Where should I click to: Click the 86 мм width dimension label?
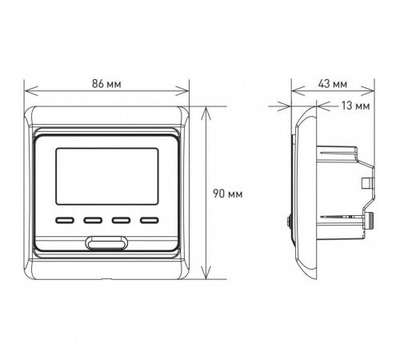pos(106,84)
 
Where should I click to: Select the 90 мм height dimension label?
pos(228,194)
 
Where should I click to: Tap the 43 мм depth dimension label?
pos(333,84)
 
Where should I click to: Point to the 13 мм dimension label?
pos(356,106)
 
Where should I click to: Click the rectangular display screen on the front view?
pos(107,176)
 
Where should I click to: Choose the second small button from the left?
pos(93,220)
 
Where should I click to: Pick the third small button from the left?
pos(121,220)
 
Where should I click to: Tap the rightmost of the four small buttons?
pos(150,220)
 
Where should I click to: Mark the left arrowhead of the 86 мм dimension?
pos(30,91)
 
